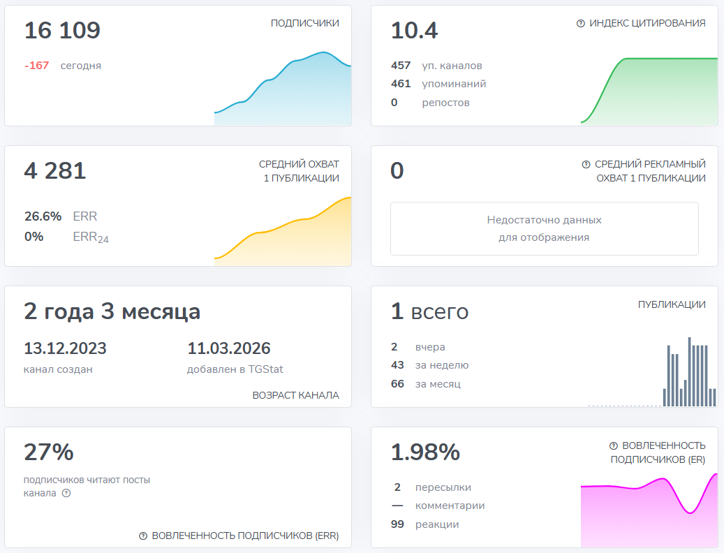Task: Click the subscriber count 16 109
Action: [62, 31]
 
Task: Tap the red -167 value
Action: [36, 66]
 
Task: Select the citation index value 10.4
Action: [414, 31]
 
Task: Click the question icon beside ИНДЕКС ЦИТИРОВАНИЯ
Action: [580, 23]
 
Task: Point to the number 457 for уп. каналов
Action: [401, 66]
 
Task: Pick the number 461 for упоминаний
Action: [401, 84]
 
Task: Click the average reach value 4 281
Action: [55, 171]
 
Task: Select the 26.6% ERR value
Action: [43, 216]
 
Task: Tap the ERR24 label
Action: [91, 237]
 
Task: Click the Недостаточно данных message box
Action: [544, 228]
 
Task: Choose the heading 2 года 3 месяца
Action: [112, 311]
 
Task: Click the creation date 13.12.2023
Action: [65, 348]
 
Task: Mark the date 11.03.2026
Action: [228, 348]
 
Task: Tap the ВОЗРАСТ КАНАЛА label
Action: [295, 395]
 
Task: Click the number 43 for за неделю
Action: [397, 365]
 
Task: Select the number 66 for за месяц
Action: [397, 383]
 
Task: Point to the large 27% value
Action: [49, 452]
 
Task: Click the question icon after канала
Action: [66, 493]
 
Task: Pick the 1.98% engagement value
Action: [425, 452]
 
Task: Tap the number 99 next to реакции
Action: [397, 524]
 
